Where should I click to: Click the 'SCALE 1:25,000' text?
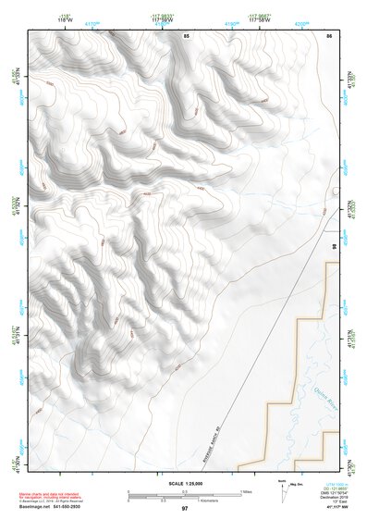pos(185,481)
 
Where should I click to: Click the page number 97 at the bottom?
pos(185,509)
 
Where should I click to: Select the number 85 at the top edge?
pos(186,35)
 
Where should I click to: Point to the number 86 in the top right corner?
pos(328,35)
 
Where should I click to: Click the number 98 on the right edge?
pos(334,246)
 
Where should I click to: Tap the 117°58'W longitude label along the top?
pos(262,19)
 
